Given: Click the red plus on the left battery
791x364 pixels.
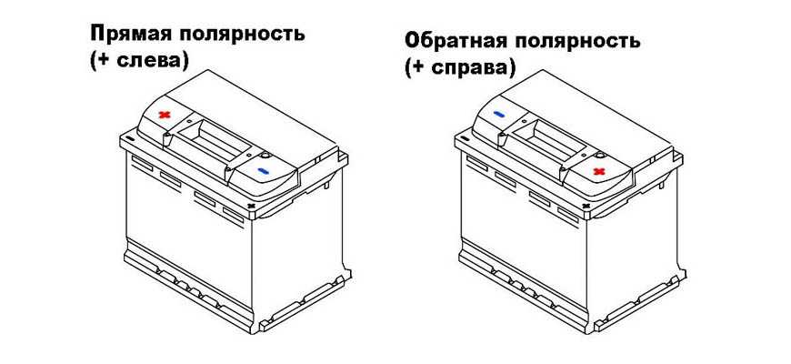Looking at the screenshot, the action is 164,115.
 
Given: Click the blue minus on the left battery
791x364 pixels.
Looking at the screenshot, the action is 264,171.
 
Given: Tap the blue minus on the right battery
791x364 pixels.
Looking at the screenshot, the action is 499,115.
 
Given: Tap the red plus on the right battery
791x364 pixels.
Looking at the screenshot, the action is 599,171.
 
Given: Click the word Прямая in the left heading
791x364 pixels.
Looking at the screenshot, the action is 129,35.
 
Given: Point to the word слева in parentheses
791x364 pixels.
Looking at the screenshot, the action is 149,61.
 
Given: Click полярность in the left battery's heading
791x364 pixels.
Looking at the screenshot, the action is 241,35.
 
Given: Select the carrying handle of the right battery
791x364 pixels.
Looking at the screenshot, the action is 547,140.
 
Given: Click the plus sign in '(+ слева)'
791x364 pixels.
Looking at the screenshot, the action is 105,62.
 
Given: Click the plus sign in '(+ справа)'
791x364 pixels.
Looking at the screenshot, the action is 420,68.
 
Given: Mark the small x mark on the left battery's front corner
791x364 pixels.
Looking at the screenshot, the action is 251,206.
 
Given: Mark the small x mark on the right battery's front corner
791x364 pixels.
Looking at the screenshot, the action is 586,206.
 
